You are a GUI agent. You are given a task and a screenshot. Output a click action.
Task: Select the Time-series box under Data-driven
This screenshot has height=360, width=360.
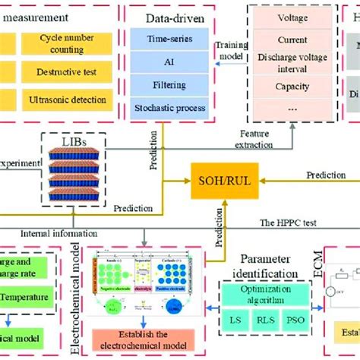click(x=169, y=37)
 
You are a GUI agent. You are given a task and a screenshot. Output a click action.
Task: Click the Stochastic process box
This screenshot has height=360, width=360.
click(x=169, y=108)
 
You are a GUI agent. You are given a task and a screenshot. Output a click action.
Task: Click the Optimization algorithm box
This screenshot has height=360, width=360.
click(x=266, y=293)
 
